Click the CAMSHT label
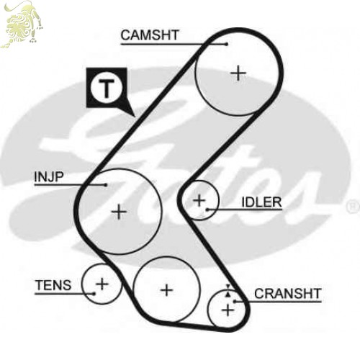pyautogui.click(x=150, y=35)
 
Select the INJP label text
pyautogui.click(x=49, y=177)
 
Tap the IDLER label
pyautogui.click(x=261, y=202)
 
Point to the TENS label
pyautogui.click(x=53, y=285)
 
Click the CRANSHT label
pyautogui.click(x=287, y=293)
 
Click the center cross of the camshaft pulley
pyautogui.click(x=238, y=73)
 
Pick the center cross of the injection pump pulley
pyautogui.click(x=119, y=212)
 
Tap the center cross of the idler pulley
pyautogui.click(x=199, y=200)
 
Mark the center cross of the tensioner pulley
pyautogui.click(x=102, y=284)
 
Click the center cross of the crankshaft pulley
pyautogui.click(x=228, y=310)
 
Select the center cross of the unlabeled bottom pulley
pyautogui.click(x=166, y=290)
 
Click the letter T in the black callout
pyautogui.click(x=107, y=88)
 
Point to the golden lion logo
pyautogui.click(x=22, y=24)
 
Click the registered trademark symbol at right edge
pyautogui.click(x=353, y=207)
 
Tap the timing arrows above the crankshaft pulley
pyautogui.click(x=228, y=291)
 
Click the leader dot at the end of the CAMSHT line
pyautogui.click(x=227, y=44)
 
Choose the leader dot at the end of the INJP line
pyautogui.click(x=106, y=185)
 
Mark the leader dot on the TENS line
pyautogui.click(x=94, y=294)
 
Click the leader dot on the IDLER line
pyautogui.click(x=207, y=210)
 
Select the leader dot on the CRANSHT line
pyautogui.click(x=235, y=301)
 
